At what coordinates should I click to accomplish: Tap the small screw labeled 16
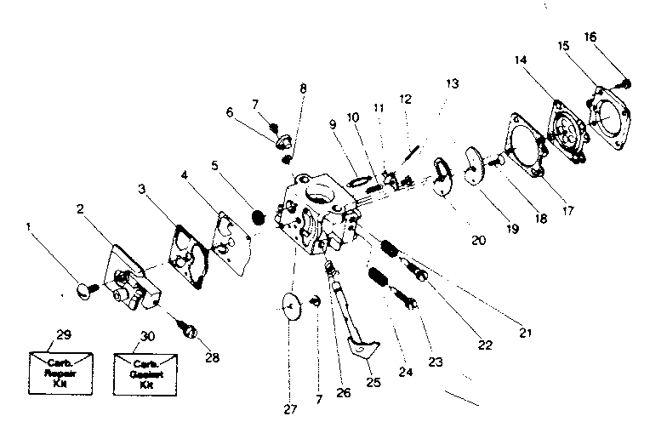click(x=624, y=83)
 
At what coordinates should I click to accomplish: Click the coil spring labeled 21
click(x=388, y=249)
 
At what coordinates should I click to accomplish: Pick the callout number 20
click(x=478, y=241)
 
